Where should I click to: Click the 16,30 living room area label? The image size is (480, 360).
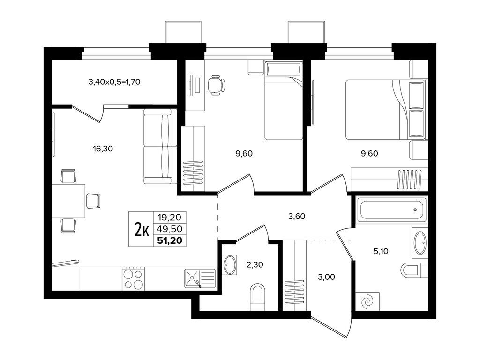(x=103, y=149)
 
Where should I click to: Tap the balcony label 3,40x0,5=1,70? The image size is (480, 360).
(x=114, y=82)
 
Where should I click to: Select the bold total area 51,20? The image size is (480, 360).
(x=170, y=240)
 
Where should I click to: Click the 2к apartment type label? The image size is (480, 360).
(x=142, y=229)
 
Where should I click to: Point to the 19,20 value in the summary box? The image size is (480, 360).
(x=170, y=217)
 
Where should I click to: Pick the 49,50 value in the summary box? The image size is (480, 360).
(x=170, y=229)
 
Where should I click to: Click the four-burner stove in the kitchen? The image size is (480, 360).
(x=134, y=278)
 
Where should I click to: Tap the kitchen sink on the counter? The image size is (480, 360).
(x=200, y=278)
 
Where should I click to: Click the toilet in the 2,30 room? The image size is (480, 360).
(x=257, y=296)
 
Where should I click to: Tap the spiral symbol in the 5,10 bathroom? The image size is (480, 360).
(x=367, y=302)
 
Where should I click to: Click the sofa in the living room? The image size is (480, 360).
(x=160, y=146)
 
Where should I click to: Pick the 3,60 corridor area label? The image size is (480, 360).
(x=297, y=217)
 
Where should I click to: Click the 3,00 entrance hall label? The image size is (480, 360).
(x=326, y=277)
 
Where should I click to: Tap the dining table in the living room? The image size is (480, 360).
(x=68, y=201)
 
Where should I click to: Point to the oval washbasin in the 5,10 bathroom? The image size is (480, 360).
(x=420, y=243)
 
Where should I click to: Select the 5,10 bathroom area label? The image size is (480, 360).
(x=381, y=251)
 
